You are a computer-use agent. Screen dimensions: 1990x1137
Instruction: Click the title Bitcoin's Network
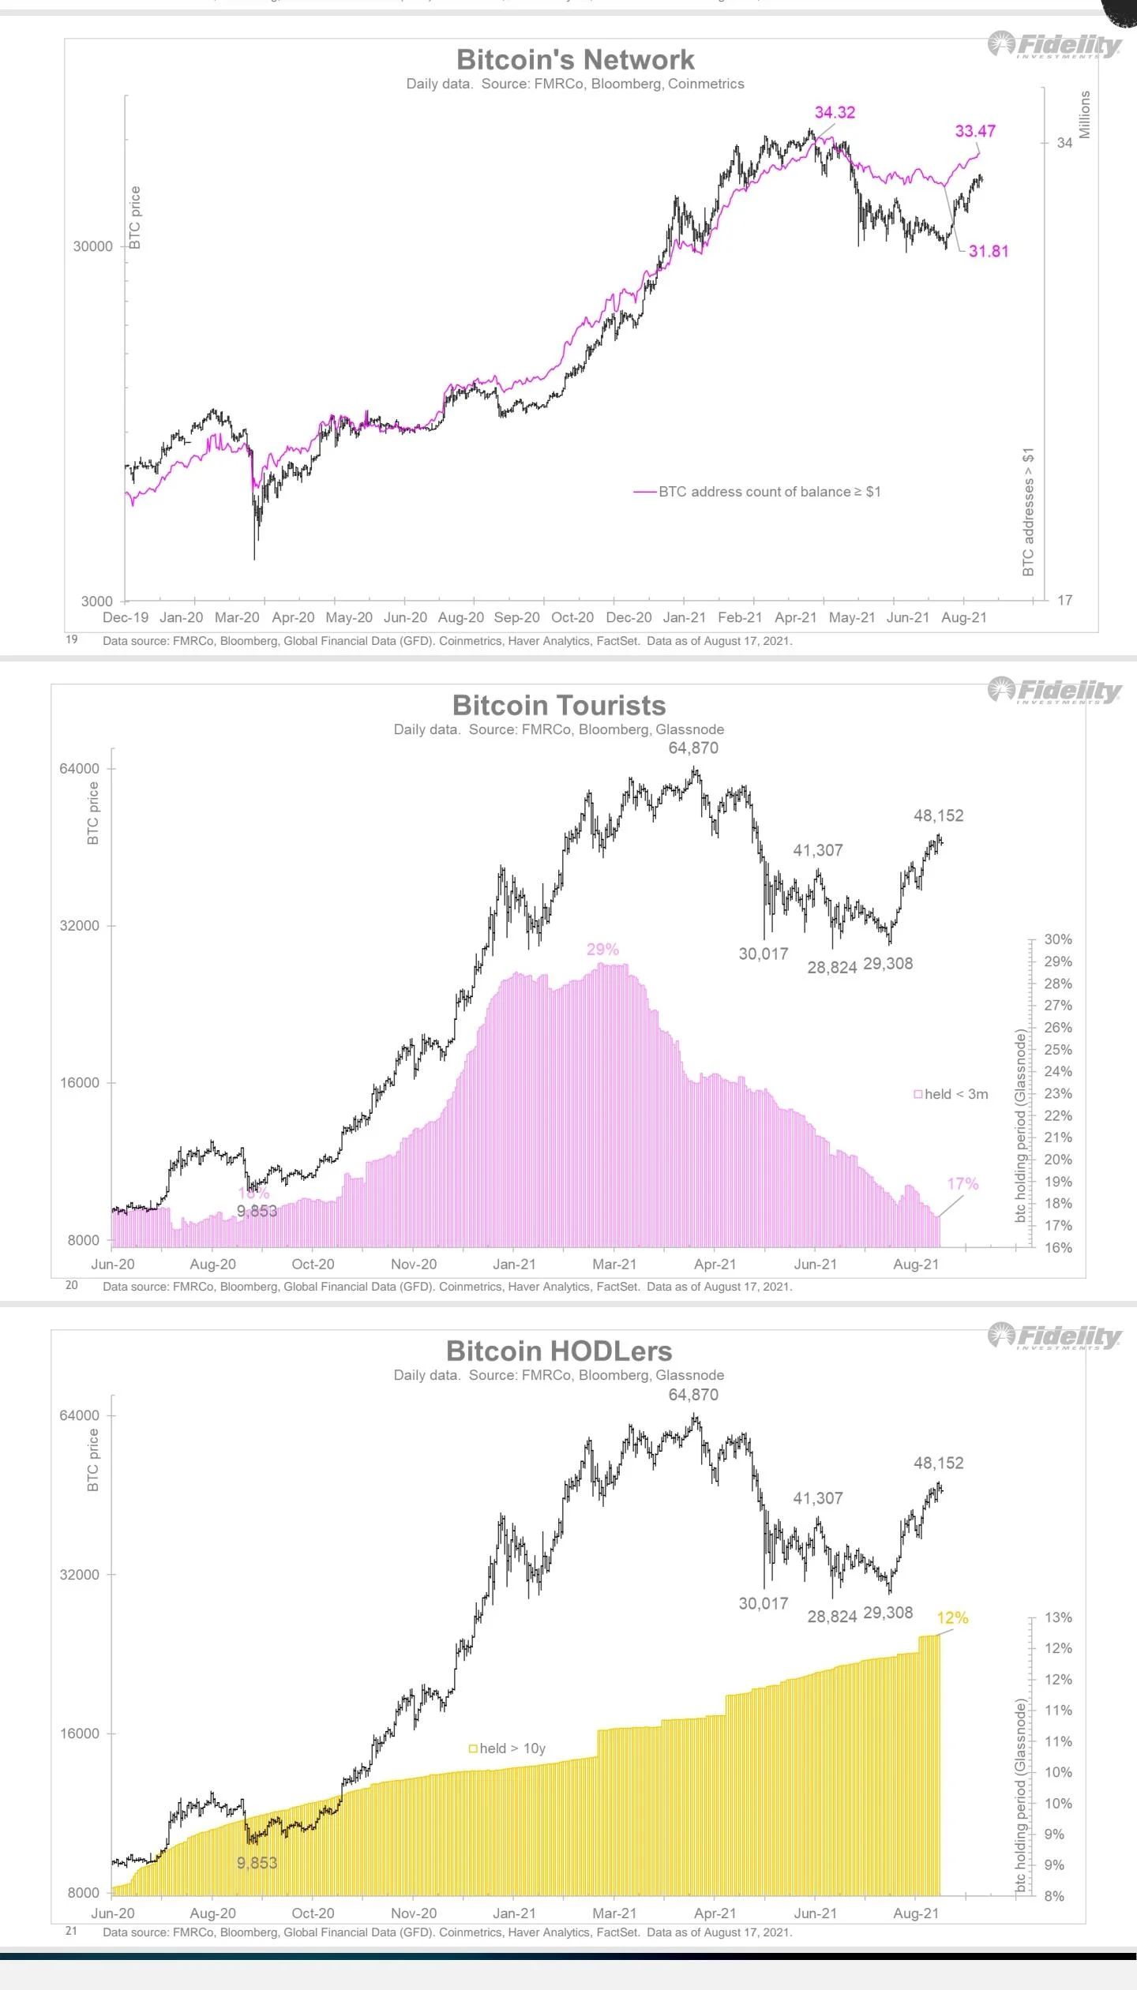pos(575,60)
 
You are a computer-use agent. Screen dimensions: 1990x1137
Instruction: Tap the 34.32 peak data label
pos(835,112)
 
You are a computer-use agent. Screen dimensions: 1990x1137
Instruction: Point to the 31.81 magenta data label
pos(989,251)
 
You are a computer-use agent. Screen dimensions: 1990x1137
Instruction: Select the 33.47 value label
pos(975,131)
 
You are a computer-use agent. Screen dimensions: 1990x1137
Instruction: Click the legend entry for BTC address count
pos(768,492)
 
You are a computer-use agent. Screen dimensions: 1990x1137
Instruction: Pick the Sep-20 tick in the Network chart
pos(516,617)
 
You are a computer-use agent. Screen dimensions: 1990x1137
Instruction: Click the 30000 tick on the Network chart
pos(93,246)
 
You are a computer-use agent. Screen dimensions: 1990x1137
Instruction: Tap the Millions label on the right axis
pos(1084,114)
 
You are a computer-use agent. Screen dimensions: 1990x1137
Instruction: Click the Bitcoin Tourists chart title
pos(559,705)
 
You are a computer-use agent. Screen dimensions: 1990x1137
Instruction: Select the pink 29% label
pos(602,949)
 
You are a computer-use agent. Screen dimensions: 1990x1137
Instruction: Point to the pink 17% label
pos(963,1183)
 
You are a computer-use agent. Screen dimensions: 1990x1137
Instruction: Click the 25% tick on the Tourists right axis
pos(1058,1049)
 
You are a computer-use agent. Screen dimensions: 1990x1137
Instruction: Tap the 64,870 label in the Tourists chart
pos(693,748)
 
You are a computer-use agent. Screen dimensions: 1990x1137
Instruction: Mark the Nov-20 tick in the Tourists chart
pos(414,1264)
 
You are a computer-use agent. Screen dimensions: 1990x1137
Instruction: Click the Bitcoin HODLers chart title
pos(559,1351)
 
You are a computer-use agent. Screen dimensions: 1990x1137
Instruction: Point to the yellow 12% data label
pos(952,1617)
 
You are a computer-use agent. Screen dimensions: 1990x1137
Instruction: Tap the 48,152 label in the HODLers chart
pos(938,1463)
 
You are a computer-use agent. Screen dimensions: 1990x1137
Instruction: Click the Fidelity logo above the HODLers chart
pos(1055,1336)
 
